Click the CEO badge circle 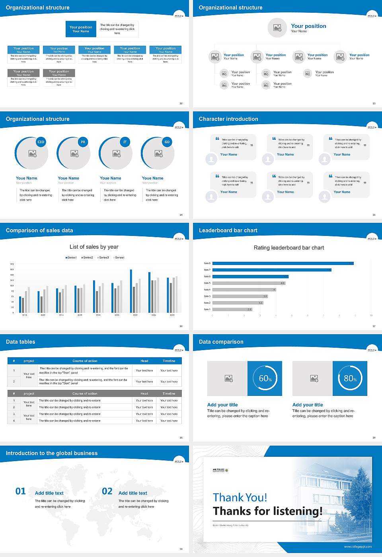[41, 142]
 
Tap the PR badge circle [83, 142]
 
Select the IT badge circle [125, 142]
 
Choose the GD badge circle [167, 142]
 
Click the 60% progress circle [265, 378]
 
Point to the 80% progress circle [350, 378]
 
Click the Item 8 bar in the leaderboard [283, 263]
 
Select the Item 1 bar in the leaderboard [232, 309]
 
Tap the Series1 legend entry [71, 258]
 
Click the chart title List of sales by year [94, 247]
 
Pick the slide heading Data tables [21, 342]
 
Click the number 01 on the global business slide [21, 491]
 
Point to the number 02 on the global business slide [107, 491]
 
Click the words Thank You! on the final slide [240, 497]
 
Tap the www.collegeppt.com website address [358, 547]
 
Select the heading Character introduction [228, 119]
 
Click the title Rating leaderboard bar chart [289, 247]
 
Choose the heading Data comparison [221, 342]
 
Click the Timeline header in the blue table [169, 361]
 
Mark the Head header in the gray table [144, 393]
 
